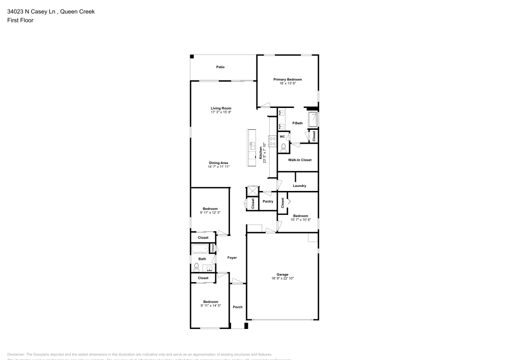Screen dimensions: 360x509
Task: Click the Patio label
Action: (220, 67)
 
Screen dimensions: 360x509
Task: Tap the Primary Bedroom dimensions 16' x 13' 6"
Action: (288, 84)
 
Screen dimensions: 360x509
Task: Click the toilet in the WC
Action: (283, 146)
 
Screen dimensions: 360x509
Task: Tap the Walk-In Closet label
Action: (299, 160)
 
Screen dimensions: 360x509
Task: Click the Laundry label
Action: (299, 186)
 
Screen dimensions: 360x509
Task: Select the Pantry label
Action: (268, 202)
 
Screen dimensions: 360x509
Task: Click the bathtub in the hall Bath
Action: (201, 248)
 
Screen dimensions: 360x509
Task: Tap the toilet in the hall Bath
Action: (196, 267)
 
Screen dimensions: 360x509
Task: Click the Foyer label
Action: (232, 258)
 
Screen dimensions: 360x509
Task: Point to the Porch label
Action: (237, 307)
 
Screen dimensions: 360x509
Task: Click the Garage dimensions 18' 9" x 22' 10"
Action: (282, 279)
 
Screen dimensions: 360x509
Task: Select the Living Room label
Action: (221, 108)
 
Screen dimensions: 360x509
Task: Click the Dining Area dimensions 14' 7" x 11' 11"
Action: (218, 167)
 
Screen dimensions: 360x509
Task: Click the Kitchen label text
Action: (261, 152)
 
